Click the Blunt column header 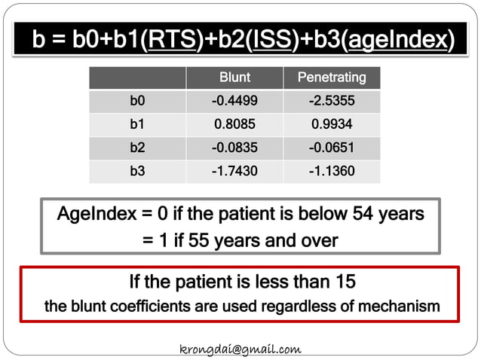tap(234, 78)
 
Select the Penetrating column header tap(332, 78)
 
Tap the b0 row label tap(137, 101)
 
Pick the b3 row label tap(137, 171)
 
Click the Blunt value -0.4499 tap(234, 101)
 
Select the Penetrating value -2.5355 tap(332, 101)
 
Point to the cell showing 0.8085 tap(234, 124)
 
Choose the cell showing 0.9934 tap(332, 124)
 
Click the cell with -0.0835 tap(234, 148)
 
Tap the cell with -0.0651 tap(332, 148)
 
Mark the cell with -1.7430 tap(234, 171)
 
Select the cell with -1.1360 tap(332, 171)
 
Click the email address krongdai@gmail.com tap(240, 349)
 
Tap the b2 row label tap(137, 148)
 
